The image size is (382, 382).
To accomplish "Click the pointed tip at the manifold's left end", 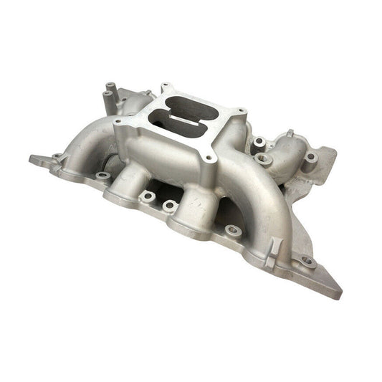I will [32, 158].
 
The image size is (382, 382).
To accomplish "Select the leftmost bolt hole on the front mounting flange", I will [57, 156].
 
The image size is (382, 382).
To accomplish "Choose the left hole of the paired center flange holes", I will [147, 195].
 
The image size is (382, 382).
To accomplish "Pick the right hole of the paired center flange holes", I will [170, 206].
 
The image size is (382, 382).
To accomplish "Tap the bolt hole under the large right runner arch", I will [232, 231].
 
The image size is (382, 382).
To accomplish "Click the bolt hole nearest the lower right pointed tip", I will [307, 262].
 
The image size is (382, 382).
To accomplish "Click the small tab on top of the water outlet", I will [291, 133].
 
